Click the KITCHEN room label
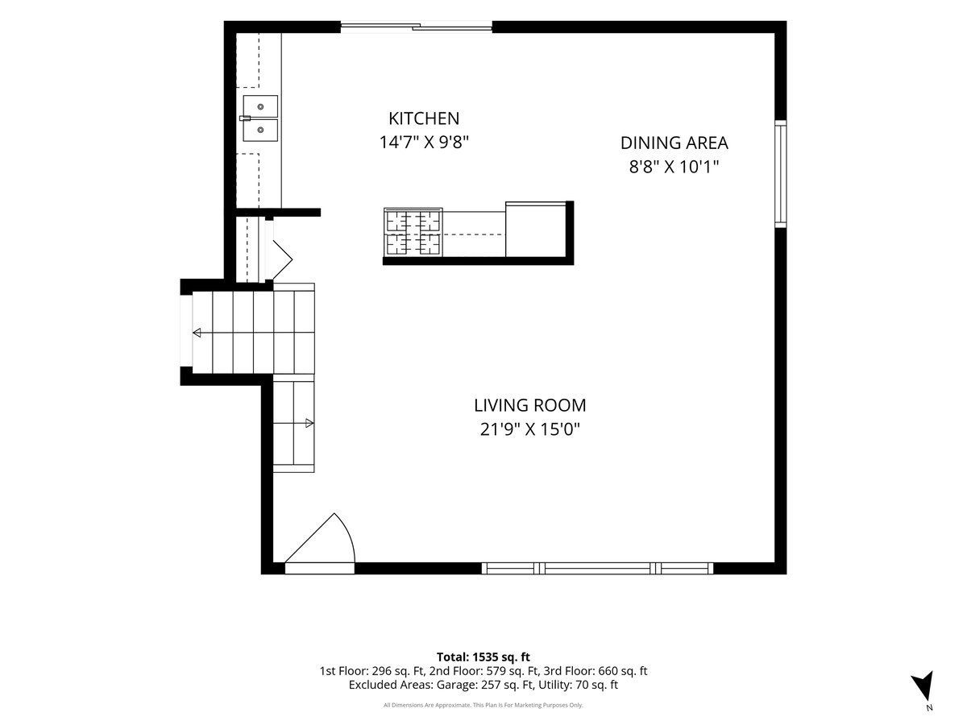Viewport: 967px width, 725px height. (x=424, y=118)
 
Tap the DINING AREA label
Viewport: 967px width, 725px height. (x=674, y=143)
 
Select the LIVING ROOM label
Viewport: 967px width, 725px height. (x=530, y=405)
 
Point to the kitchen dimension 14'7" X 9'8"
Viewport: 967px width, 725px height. (x=424, y=143)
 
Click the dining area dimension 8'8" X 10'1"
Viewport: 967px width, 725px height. (x=674, y=167)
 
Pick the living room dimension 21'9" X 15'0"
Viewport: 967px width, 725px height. (x=530, y=429)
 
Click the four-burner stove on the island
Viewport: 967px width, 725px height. (x=413, y=232)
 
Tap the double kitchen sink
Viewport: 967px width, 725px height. (x=260, y=118)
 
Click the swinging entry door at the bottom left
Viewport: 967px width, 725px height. (x=319, y=544)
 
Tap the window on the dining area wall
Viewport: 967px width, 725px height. (x=780, y=174)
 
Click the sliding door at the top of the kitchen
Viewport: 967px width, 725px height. (x=417, y=27)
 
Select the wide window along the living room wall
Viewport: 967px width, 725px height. (x=597, y=568)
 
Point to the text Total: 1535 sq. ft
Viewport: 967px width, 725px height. (x=483, y=657)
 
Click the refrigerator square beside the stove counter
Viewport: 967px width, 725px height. (x=536, y=229)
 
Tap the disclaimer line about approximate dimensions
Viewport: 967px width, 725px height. (x=483, y=705)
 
